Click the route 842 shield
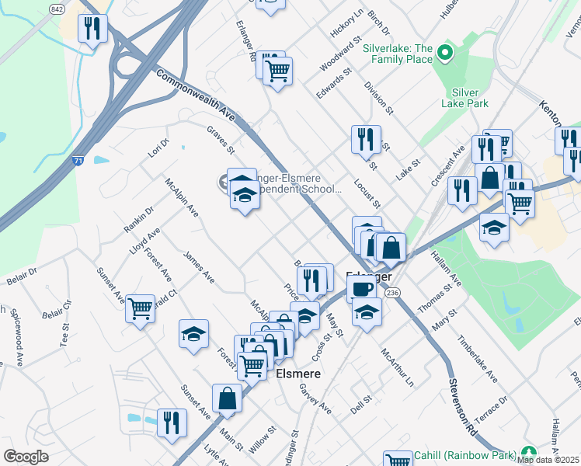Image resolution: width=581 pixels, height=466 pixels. pyautogui.click(x=56, y=9)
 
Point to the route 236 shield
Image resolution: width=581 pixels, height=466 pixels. pyautogui.click(x=393, y=292)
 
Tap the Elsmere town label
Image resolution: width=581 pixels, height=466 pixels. pyautogui.click(x=299, y=373)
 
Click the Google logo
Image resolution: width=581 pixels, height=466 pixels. pyautogui.click(x=26, y=457)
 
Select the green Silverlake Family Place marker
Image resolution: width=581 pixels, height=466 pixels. pyautogui.click(x=445, y=54)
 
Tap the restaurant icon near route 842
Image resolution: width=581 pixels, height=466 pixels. pyautogui.click(x=92, y=29)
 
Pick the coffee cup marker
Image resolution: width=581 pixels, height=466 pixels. pyautogui.click(x=361, y=289)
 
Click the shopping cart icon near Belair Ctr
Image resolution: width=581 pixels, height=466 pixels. pyautogui.click(x=140, y=308)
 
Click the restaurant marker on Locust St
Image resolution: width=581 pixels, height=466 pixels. pyautogui.click(x=366, y=140)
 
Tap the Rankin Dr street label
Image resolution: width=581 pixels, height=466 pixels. pyautogui.click(x=139, y=219)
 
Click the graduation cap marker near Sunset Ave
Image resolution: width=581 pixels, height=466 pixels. pyautogui.click(x=193, y=334)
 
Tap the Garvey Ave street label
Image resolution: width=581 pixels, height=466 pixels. pyautogui.click(x=315, y=399)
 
